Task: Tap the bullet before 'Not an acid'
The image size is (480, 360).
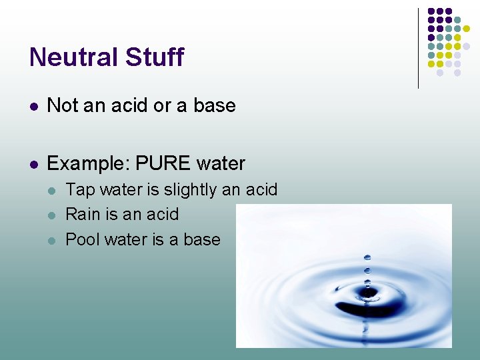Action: click(x=33, y=106)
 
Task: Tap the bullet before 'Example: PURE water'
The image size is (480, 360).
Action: click(x=33, y=164)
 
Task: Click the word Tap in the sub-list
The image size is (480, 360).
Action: click(x=80, y=190)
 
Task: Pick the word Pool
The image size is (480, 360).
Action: click(x=82, y=239)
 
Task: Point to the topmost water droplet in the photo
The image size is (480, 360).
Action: click(x=367, y=257)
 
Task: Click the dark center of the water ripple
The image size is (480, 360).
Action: click(x=367, y=294)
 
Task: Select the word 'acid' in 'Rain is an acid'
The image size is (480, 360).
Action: click(x=163, y=214)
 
